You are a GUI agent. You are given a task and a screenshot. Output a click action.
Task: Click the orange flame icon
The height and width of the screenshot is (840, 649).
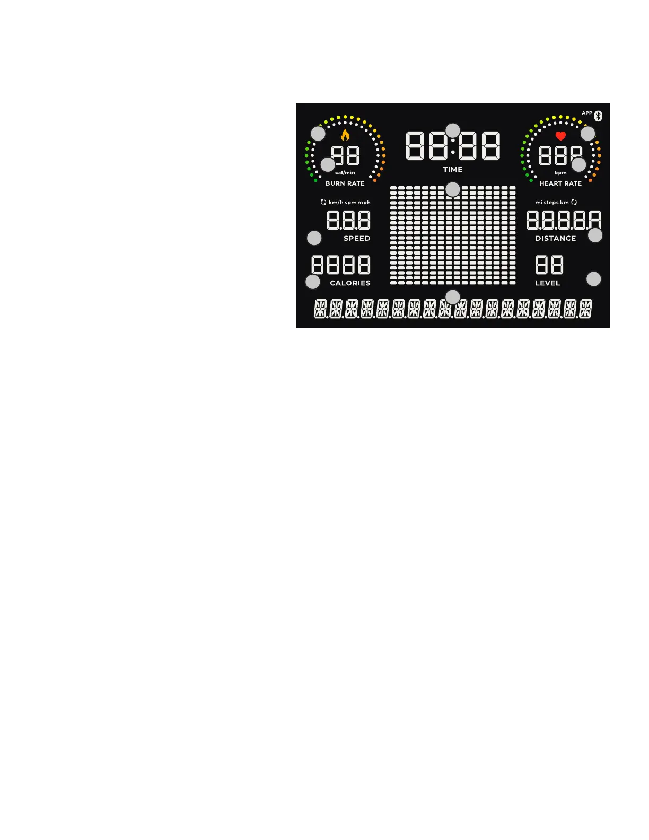pos(345,135)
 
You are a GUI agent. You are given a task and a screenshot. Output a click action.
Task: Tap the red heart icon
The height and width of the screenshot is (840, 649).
pos(560,136)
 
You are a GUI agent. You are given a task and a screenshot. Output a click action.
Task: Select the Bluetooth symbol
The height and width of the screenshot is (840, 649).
pos(598,116)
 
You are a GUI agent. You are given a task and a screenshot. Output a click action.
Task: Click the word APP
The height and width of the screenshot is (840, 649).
pos(587,113)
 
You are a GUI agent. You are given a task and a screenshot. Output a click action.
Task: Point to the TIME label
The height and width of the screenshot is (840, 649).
pos(453,169)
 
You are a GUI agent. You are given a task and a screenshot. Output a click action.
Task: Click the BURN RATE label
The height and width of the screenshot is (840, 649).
pos(345,183)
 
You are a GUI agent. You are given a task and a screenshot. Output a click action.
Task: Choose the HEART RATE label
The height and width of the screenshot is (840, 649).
pos(560,183)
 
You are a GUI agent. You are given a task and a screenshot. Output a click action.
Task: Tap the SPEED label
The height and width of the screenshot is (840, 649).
pos(357,239)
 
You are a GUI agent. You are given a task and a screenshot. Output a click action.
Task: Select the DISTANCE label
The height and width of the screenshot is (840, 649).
pos(555,239)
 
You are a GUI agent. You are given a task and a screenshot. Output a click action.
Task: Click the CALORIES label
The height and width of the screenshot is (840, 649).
pos(350,283)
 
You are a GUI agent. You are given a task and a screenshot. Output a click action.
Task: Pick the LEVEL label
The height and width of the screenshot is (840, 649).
pos(547,283)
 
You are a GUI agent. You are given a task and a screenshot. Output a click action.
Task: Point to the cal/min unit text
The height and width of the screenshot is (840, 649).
pos(345,173)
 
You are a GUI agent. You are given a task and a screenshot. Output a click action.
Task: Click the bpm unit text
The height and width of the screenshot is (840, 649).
pos(560,173)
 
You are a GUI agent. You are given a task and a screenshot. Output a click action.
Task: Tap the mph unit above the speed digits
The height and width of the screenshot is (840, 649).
pos(364,203)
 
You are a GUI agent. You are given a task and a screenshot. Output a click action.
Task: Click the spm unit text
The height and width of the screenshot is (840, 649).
pos(350,203)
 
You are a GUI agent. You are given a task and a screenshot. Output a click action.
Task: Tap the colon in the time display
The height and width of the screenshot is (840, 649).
pos(453,146)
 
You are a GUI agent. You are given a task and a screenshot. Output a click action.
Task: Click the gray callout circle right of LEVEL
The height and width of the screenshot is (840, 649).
pos(593,279)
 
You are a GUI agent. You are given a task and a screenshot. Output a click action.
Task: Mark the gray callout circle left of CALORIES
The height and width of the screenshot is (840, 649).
pos(313,282)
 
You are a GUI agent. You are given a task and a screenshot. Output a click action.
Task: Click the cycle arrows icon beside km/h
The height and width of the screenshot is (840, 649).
pos(323,203)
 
